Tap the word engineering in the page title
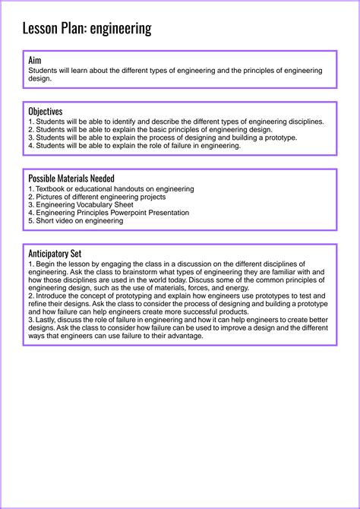[x=121, y=30]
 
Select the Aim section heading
[x=35, y=60]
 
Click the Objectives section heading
[x=45, y=111]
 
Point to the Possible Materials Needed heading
[x=71, y=178]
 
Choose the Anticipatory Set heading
[x=55, y=253]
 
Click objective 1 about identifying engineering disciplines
[x=175, y=122]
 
